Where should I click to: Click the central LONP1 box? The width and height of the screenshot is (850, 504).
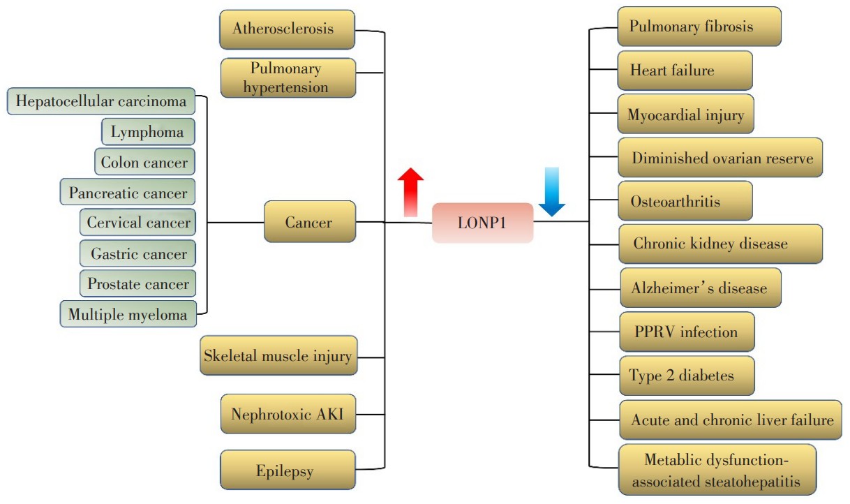coord(482,223)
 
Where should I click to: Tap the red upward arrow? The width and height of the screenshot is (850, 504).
coord(410,192)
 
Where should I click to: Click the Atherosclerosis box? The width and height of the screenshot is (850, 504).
coord(287,29)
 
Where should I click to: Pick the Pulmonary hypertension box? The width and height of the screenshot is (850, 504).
coord(288,77)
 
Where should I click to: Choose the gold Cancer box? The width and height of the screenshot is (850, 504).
coord(309,222)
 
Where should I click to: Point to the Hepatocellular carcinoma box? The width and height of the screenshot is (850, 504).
coord(101,102)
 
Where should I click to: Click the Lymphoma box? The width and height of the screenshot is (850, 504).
coord(147,132)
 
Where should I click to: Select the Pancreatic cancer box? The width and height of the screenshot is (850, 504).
coord(128,193)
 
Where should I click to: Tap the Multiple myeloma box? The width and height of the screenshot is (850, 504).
coord(128,314)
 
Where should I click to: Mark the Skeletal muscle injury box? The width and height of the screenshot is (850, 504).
coord(278,355)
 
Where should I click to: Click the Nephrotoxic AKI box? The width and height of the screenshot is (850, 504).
coord(288,414)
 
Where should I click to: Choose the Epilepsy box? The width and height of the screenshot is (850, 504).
coord(288,471)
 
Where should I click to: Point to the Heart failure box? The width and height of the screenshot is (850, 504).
coord(685,70)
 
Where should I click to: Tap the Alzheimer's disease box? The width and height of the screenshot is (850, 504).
coord(700,288)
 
